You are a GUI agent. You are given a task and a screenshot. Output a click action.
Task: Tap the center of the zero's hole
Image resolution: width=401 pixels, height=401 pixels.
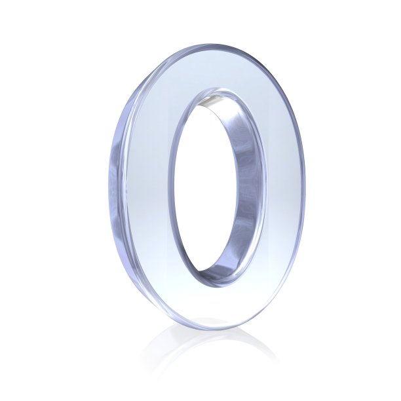[x=204, y=184]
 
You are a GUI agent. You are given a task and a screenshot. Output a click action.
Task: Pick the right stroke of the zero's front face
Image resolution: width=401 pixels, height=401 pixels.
[x=284, y=187]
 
